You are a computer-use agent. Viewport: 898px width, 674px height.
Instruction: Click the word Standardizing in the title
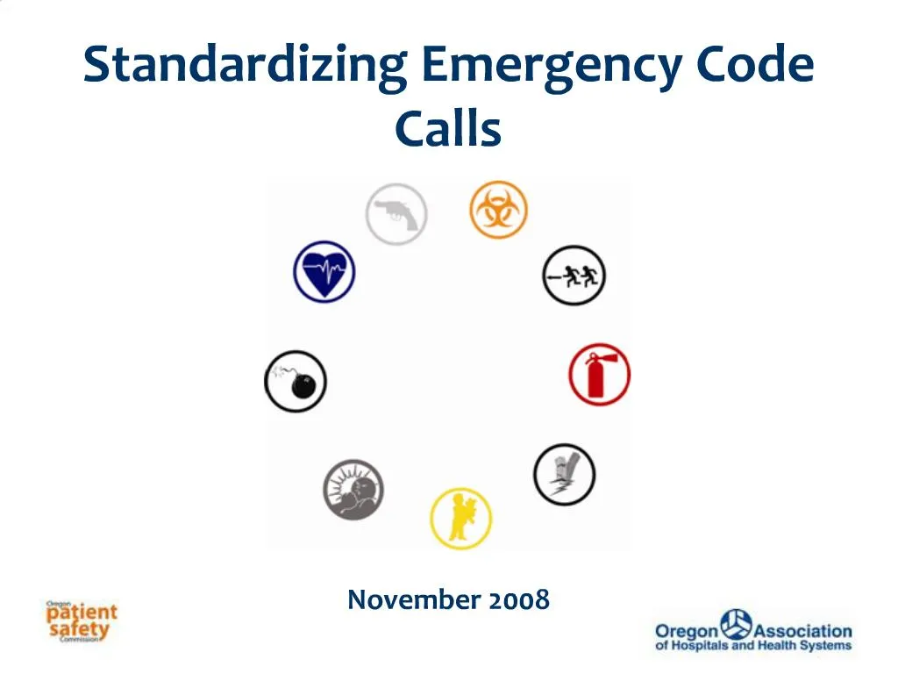pos(245,67)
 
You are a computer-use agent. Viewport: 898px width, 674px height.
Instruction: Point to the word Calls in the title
pos(447,129)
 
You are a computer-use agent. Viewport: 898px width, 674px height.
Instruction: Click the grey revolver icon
pos(396,213)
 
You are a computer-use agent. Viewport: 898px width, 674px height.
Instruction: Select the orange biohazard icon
pos(498,209)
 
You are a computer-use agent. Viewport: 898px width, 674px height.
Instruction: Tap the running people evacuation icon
pos(574,276)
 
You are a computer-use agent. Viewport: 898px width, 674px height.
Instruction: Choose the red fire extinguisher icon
pos(599,375)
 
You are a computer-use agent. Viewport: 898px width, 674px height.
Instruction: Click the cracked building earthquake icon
pos(565,474)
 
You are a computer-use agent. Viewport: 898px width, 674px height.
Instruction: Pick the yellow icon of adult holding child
pos(460,519)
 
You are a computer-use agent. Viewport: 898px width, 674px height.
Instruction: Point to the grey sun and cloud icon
pos(353,489)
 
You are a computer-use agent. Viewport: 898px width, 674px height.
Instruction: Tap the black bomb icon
pos(296,381)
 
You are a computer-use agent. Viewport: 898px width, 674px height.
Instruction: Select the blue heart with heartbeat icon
pos(324,272)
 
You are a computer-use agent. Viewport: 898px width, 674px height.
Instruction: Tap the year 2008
pos(519,600)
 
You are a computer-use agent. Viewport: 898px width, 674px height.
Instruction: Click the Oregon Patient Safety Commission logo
pos(81,620)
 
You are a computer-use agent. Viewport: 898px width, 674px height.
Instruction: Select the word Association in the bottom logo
pos(802,631)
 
